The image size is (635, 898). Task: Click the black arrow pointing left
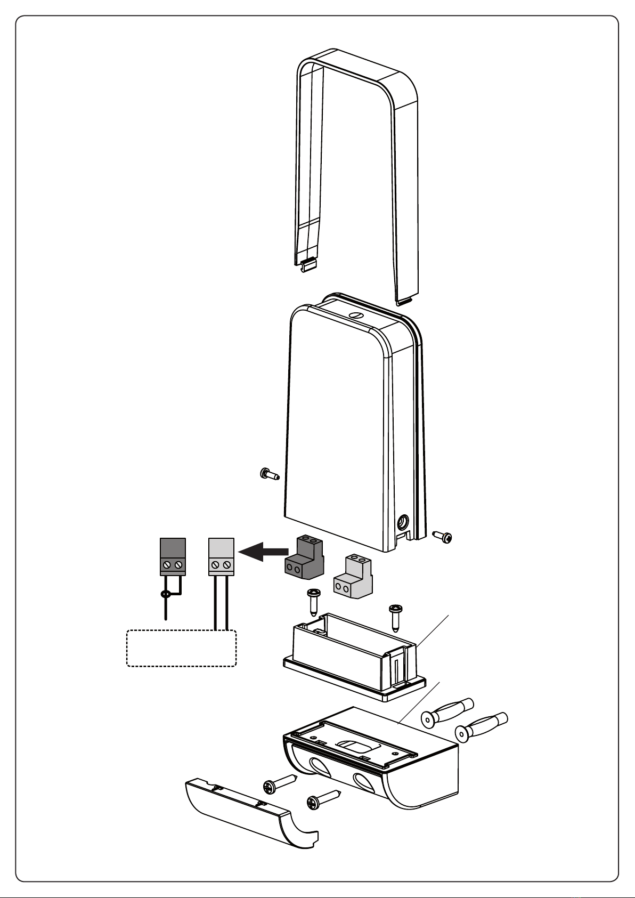coord(262,552)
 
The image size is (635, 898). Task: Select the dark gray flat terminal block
coord(173,556)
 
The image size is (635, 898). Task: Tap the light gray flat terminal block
coord(221,556)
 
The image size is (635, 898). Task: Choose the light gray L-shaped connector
coord(353,576)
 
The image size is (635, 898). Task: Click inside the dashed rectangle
coord(181,649)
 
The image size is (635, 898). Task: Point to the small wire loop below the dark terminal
coord(166,594)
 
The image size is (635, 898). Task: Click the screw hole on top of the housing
coord(355,315)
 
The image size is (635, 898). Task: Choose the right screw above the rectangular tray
coord(395,616)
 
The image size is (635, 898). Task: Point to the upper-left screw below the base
coord(279,783)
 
